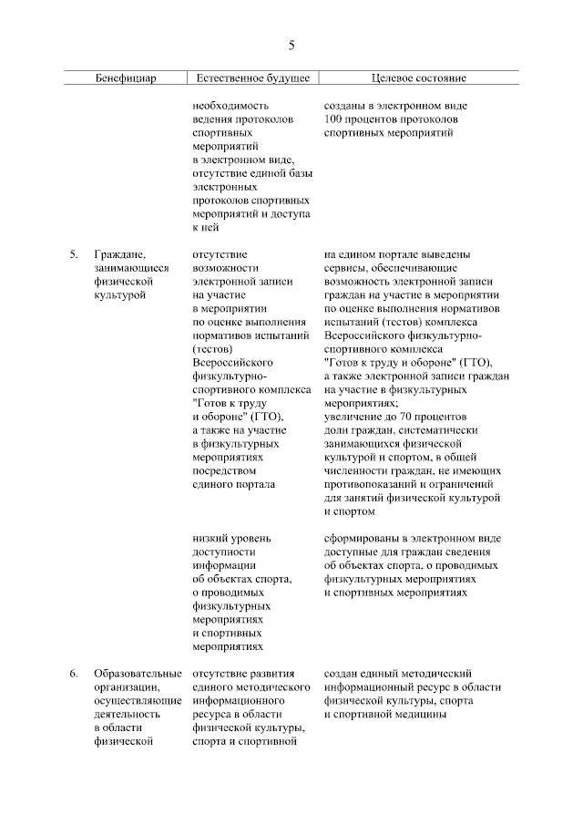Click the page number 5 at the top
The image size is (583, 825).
pos(291,45)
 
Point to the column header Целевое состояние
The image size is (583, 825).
pos(418,78)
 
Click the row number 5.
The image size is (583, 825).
pos(73,254)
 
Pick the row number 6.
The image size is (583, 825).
pos(73,674)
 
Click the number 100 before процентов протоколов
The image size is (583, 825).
pos(333,119)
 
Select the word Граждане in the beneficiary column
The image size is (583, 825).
pos(118,254)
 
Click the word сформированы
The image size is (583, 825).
pos(359,538)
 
